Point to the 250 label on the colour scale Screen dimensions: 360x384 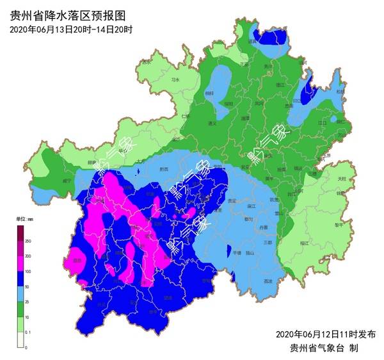click(28, 240)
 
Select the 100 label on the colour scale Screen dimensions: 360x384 click(28, 272)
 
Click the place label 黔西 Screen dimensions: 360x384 click(163, 170)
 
